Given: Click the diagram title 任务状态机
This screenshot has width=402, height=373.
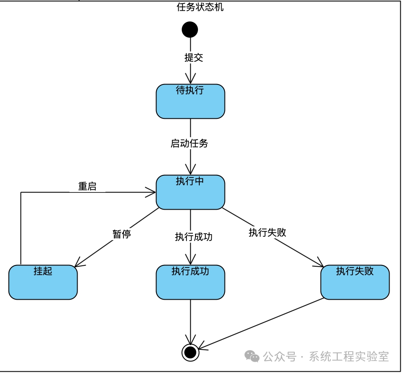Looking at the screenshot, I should [x=200, y=7].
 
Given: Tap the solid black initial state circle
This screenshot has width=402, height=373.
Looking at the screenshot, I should [x=190, y=30].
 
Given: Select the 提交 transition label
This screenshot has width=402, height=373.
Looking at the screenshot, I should [x=194, y=57].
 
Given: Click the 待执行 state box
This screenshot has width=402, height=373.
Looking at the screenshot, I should [x=190, y=102].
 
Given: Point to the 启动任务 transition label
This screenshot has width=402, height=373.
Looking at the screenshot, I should [x=189, y=143].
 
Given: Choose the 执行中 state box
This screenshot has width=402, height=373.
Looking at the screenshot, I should [x=190, y=192].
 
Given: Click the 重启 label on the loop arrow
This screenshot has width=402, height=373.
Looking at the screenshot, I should [x=87, y=186].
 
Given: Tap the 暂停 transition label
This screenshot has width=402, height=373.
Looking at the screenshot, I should [x=122, y=234].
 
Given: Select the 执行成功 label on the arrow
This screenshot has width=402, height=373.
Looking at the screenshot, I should [x=194, y=237].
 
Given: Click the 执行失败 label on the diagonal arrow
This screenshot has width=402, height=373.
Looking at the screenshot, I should [x=267, y=232].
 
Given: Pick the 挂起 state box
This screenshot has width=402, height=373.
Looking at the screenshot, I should [x=43, y=282].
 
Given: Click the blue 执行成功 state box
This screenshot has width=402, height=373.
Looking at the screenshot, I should [x=190, y=282].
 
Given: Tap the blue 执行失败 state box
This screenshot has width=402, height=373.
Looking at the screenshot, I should [x=355, y=282].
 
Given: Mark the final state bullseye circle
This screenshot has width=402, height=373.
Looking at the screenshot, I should [x=190, y=352].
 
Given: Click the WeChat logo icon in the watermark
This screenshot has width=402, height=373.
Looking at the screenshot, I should [x=252, y=356].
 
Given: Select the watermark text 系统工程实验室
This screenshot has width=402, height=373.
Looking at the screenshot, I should [x=348, y=356].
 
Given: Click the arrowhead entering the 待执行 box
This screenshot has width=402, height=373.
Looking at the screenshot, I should [x=190, y=80].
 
